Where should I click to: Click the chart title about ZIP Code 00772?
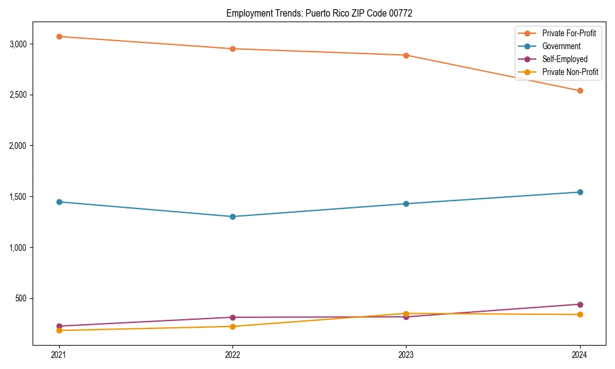point(319,13)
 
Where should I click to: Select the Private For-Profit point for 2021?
point(59,36)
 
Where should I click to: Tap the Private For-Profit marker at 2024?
point(580,91)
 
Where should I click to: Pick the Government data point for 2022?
point(232,216)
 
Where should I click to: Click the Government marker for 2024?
point(580,192)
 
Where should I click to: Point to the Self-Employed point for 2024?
point(580,304)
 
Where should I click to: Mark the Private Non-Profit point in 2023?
point(406,314)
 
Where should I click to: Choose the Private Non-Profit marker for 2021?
point(59,330)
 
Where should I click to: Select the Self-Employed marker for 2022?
point(232,317)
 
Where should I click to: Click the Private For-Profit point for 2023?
point(406,55)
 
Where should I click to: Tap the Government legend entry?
point(561,46)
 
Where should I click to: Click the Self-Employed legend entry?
point(565,59)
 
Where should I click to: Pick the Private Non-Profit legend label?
point(570,72)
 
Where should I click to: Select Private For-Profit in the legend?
point(569,33)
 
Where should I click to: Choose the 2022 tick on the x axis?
point(232,355)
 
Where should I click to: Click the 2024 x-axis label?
point(580,355)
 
